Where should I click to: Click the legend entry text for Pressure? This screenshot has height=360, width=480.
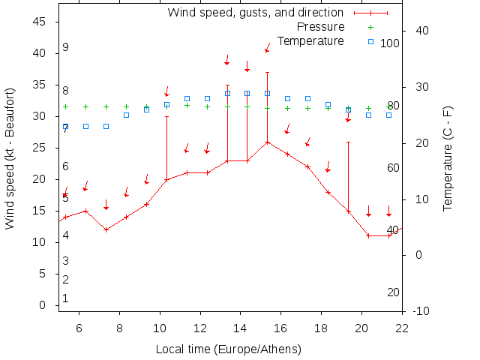(320, 27)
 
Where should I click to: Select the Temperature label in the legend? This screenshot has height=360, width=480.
(310, 40)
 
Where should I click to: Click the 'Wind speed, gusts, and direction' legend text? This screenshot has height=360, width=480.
(255, 13)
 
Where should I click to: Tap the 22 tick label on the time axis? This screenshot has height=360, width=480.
(402, 327)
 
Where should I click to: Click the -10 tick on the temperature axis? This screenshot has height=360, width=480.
(422, 310)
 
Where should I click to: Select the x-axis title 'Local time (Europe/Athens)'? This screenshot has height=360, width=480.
(228, 349)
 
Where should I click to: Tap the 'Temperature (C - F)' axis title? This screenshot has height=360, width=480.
(448, 158)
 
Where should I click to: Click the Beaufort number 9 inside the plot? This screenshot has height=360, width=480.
(66, 47)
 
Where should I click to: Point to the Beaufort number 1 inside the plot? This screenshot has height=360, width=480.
(66, 298)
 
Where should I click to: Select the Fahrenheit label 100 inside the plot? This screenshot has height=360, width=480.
(390, 43)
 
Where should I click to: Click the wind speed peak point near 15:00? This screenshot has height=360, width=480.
(267, 142)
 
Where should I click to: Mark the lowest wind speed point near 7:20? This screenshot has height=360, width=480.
(106, 229)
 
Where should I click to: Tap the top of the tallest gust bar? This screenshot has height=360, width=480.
(267, 72)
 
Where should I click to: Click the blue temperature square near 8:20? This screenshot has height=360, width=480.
(126, 115)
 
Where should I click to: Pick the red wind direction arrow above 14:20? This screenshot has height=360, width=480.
(247, 66)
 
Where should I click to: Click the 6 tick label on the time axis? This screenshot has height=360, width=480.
(79, 327)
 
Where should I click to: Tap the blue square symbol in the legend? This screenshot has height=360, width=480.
(370, 40)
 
